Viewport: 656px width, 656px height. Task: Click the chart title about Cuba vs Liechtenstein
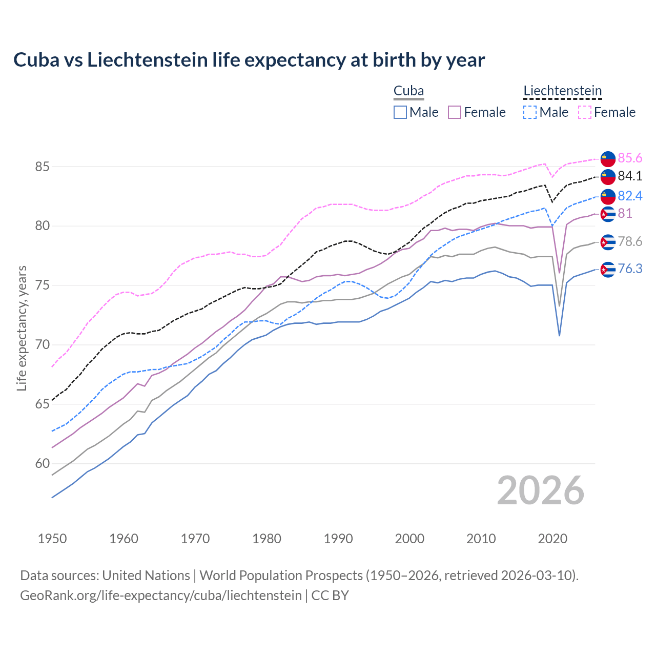click(x=249, y=60)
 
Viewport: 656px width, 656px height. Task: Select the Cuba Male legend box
click(x=400, y=112)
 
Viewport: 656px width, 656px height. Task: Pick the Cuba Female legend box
click(x=455, y=112)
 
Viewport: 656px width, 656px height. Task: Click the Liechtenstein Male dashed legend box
click(x=530, y=112)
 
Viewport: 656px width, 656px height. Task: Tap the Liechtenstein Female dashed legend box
click(x=585, y=112)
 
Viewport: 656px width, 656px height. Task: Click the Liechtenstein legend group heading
click(x=562, y=91)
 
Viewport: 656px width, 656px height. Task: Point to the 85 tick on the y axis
click(x=43, y=167)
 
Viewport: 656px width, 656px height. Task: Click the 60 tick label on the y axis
click(x=43, y=464)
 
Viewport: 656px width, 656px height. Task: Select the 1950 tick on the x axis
click(x=52, y=539)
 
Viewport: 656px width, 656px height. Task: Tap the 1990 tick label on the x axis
click(x=338, y=539)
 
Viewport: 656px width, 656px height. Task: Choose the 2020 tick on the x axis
click(x=552, y=539)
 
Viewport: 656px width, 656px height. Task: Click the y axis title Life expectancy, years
click(x=22, y=328)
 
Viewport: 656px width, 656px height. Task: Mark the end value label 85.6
click(x=630, y=158)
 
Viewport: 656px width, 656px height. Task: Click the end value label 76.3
click(x=630, y=269)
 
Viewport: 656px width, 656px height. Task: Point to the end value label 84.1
click(x=630, y=176)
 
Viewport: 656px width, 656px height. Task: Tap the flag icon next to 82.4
click(x=608, y=196)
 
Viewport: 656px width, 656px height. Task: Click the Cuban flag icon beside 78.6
click(x=608, y=242)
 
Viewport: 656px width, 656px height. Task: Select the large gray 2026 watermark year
click(x=540, y=491)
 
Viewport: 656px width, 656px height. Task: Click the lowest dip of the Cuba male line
click(x=559, y=336)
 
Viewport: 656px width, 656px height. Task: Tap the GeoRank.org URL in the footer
click(x=161, y=596)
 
